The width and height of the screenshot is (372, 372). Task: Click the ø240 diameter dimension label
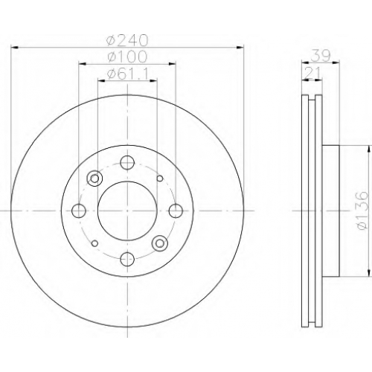(x=127, y=40)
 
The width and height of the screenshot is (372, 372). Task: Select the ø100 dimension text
(x=127, y=57)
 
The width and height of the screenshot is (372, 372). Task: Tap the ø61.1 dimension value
(x=127, y=74)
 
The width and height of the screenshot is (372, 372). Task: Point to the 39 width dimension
(x=321, y=56)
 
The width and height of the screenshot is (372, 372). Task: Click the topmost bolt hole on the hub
(x=127, y=162)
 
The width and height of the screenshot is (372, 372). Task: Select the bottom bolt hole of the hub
(x=127, y=259)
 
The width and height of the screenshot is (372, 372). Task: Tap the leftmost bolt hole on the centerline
(x=79, y=211)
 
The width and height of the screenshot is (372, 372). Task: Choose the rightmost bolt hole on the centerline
(x=176, y=211)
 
